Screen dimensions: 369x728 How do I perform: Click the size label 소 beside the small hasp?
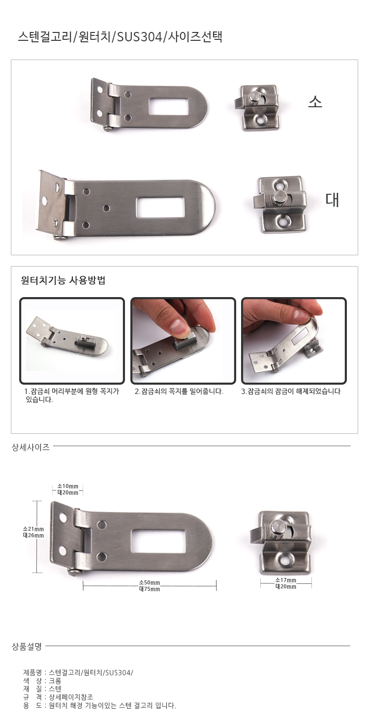(x=315, y=102)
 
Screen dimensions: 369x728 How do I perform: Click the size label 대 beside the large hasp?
(x=332, y=199)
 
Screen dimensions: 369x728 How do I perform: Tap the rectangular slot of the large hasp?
(x=160, y=208)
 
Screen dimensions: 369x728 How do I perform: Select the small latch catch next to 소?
(x=257, y=108)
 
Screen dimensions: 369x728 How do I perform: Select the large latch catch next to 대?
(x=280, y=205)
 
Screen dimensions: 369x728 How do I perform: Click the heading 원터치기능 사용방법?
(x=63, y=280)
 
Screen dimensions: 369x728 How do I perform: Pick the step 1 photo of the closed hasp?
(x=72, y=340)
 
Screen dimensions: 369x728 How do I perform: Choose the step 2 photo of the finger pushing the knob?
(x=183, y=340)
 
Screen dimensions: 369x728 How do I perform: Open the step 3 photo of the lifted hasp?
(x=294, y=340)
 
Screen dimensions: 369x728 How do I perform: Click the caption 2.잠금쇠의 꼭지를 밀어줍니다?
(x=179, y=392)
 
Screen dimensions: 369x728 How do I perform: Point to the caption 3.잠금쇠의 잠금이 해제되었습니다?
(x=291, y=392)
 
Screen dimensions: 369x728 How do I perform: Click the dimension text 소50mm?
(x=150, y=583)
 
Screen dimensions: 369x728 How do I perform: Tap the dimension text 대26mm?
(x=33, y=535)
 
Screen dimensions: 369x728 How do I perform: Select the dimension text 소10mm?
(x=67, y=486)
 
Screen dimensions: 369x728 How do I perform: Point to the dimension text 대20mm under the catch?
(x=286, y=587)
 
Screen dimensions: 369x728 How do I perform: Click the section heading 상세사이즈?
(x=31, y=447)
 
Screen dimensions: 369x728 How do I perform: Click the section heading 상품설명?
(x=27, y=646)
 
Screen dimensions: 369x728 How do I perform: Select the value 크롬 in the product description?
(x=55, y=681)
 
